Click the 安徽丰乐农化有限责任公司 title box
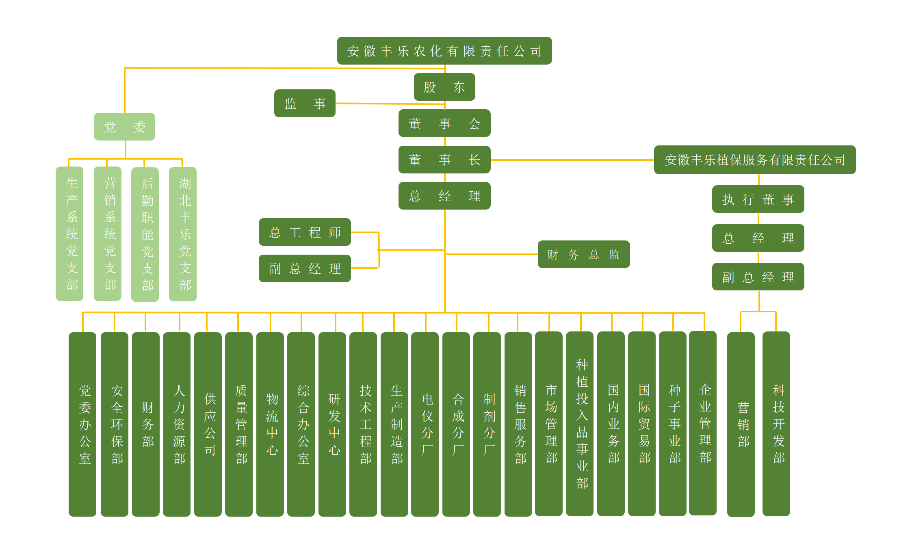click(x=444, y=51)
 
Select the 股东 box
click(x=444, y=87)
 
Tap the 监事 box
click(x=305, y=103)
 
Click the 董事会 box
click(x=444, y=123)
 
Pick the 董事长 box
click(x=444, y=160)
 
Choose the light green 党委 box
click(x=124, y=127)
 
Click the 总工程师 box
click(x=305, y=232)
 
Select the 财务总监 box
click(x=583, y=254)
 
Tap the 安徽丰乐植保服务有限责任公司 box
click(x=754, y=160)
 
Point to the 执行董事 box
click(x=758, y=199)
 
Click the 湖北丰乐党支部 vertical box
click(x=183, y=234)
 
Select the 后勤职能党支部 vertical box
click(x=145, y=234)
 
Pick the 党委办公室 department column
click(x=82, y=424)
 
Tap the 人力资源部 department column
click(x=177, y=424)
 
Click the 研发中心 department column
click(x=332, y=424)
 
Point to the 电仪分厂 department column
click(x=425, y=424)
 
